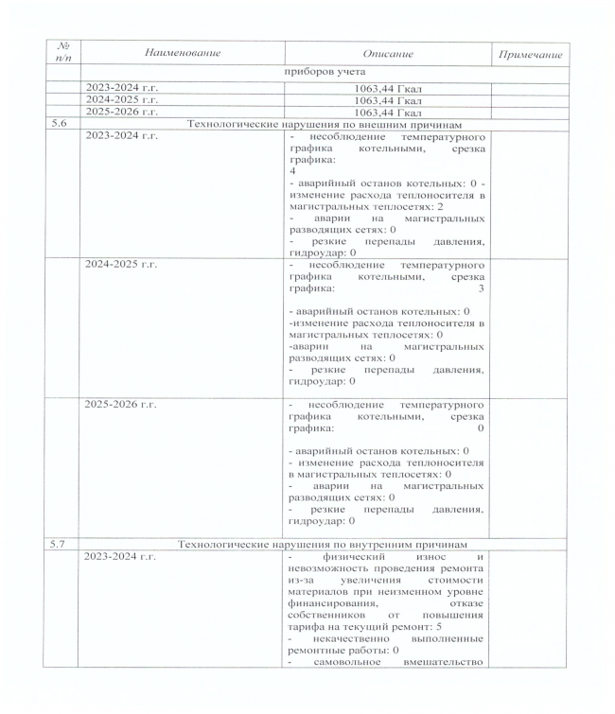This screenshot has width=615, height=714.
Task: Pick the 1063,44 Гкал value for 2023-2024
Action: click(388, 88)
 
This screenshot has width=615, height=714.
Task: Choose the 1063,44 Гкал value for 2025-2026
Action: click(388, 113)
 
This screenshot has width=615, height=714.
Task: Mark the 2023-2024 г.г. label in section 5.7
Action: click(121, 557)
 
